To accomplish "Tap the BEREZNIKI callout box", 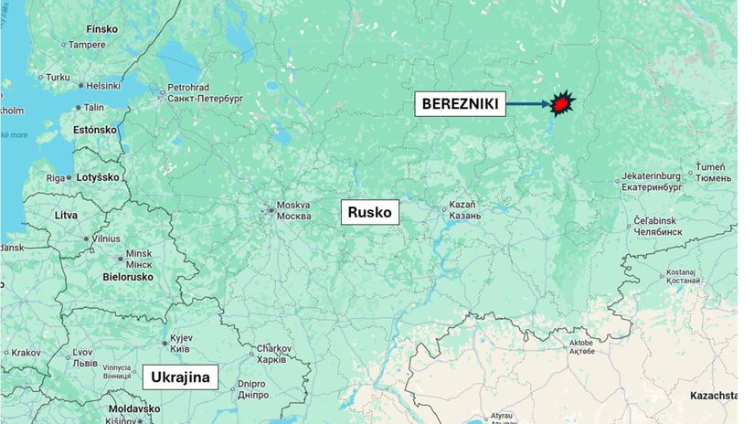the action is coord(460,104).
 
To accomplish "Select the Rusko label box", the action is coord(370,213).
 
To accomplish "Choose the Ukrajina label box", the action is coord(180,376).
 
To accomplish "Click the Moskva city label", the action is coord(293,210).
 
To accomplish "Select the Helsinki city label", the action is coord(102,86).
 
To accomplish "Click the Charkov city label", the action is coord(273,353).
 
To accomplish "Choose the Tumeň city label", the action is coord(710,173).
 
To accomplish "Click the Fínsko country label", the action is coord(101,28).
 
